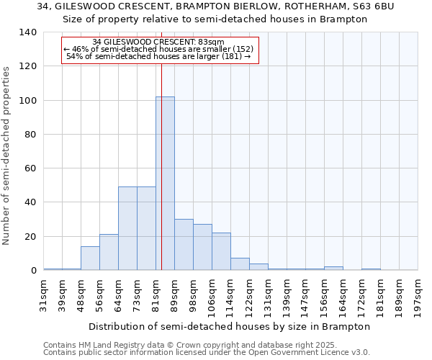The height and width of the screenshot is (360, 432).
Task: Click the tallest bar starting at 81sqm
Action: [x=165, y=183]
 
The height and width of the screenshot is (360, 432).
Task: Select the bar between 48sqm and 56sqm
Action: [x=90, y=258]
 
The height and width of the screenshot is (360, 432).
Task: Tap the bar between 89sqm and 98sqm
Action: [x=184, y=245]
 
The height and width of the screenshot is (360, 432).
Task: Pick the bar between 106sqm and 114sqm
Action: [x=221, y=251]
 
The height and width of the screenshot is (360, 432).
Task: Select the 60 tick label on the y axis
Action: [x=30, y=168]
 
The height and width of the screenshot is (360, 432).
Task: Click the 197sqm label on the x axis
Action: [x=418, y=294]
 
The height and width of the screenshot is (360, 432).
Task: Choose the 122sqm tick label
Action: [x=250, y=294]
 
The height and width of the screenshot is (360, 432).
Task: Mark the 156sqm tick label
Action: [x=325, y=294]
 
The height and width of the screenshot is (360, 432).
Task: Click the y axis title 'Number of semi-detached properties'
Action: [x=7, y=155]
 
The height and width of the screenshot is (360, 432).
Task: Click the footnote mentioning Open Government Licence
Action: [x=206, y=353]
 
